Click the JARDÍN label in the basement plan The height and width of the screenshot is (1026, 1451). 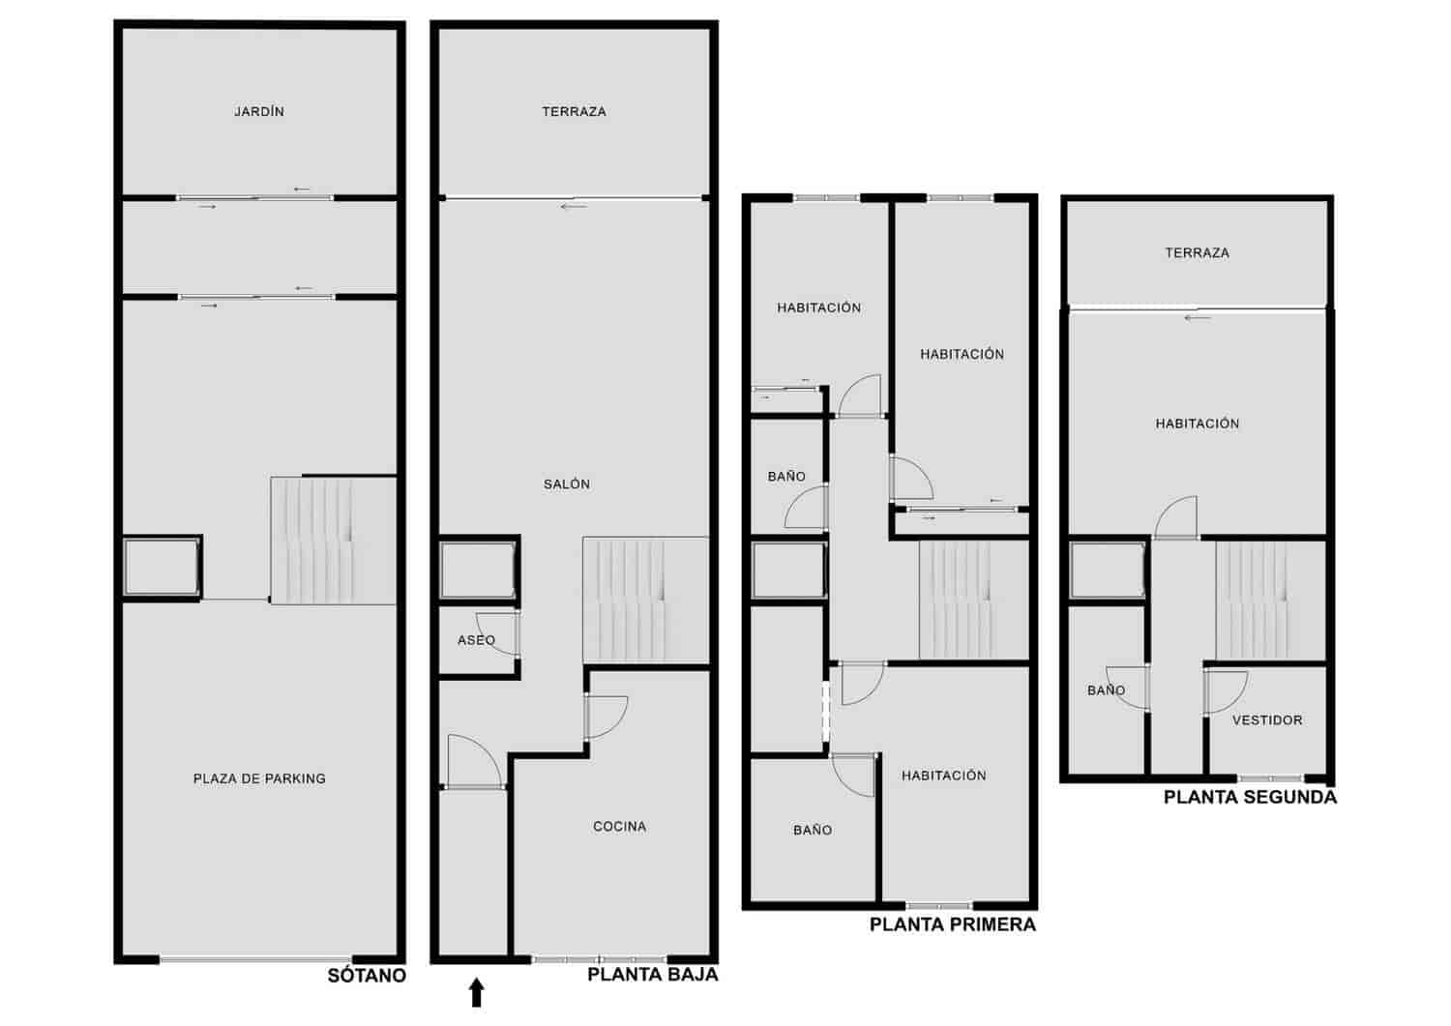click(x=259, y=112)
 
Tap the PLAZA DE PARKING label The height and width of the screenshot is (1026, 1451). click(x=259, y=778)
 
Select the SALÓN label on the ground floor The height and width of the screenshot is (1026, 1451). click(x=567, y=484)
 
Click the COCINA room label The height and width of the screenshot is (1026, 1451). click(x=619, y=827)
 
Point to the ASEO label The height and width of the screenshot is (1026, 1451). click(x=476, y=640)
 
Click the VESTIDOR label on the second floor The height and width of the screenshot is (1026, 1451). click(x=1267, y=720)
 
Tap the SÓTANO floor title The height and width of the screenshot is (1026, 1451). click(x=367, y=976)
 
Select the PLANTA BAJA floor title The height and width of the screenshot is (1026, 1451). click(x=653, y=975)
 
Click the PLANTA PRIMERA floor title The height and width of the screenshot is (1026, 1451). click(x=953, y=924)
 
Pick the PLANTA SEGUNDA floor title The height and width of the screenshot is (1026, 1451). click(x=1250, y=798)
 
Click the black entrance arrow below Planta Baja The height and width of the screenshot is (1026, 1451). click(x=476, y=992)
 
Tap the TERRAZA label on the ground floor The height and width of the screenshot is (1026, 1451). click(x=574, y=112)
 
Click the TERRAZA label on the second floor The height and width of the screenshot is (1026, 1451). click(x=1198, y=253)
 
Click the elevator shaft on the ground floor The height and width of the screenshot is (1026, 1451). click(x=478, y=572)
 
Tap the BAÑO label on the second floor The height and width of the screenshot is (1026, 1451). click(x=1106, y=690)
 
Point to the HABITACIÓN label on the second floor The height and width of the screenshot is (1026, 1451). click(x=1198, y=424)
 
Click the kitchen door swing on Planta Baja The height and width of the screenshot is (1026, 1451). click(x=607, y=717)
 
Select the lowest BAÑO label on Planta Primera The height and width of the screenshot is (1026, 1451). click(x=813, y=830)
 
